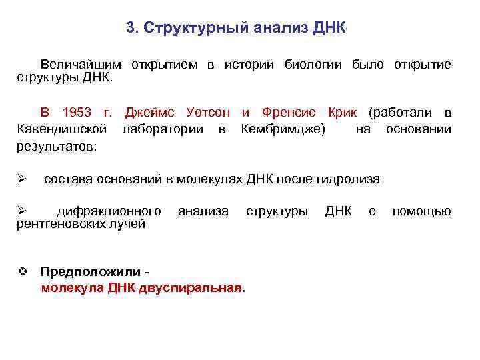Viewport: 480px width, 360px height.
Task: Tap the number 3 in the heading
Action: [x=130, y=29]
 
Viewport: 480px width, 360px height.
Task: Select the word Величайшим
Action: [x=81, y=65]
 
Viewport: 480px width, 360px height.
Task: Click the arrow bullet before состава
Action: [x=21, y=179]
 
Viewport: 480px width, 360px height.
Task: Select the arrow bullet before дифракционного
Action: [x=21, y=211]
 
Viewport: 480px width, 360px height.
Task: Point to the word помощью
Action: [x=421, y=211]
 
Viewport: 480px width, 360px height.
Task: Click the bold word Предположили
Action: [x=91, y=272]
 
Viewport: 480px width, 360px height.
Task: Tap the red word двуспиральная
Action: [x=193, y=288]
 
